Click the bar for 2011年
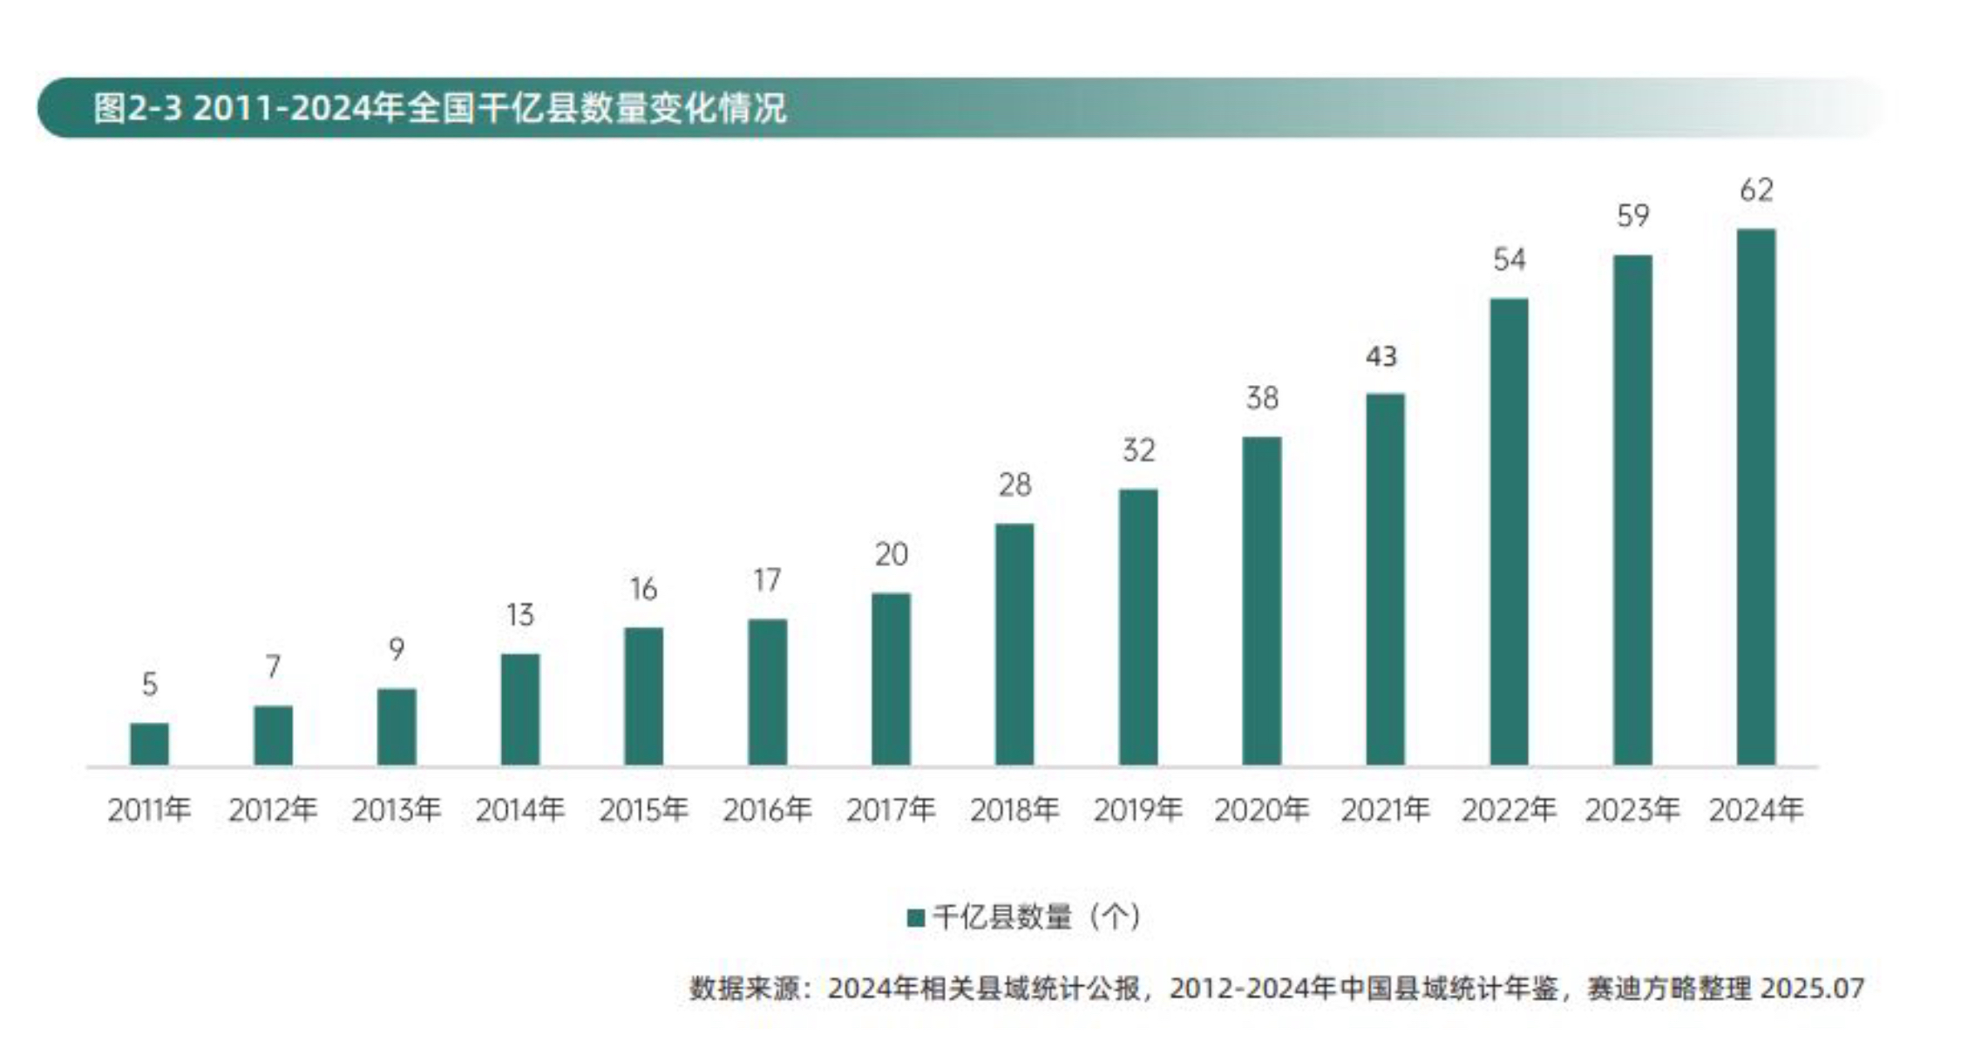click(149, 744)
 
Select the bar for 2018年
click(1014, 645)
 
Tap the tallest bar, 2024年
click(1755, 497)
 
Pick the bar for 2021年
click(1385, 579)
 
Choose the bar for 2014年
click(520, 709)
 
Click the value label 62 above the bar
click(1756, 190)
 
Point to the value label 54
click(1509, 260)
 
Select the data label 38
click(1262, 398)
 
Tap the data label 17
click(767, 580)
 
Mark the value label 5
click(150, 684)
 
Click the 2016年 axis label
click(767, 810)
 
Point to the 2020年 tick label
click(1261, 810)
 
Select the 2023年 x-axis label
click(1632, 810)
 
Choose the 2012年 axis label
click(273, 810)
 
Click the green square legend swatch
click(915, 917)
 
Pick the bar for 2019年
click(1138, 627)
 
